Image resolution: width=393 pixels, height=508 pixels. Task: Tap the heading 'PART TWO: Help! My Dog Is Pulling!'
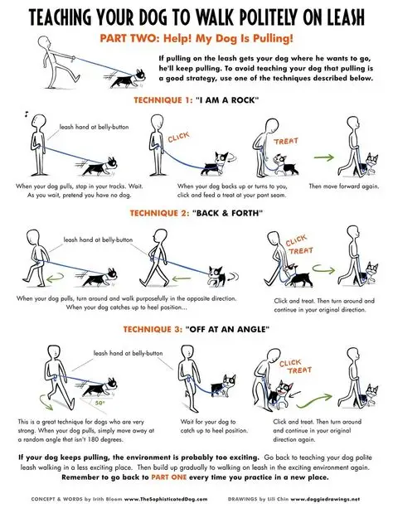click(196, 39)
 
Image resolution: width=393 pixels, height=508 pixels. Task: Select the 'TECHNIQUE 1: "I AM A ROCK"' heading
click(196, 100)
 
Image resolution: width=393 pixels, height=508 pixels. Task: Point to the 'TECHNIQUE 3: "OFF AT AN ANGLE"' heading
click(196, 330)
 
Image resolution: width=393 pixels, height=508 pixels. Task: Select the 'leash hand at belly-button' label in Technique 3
click(127, 352)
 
